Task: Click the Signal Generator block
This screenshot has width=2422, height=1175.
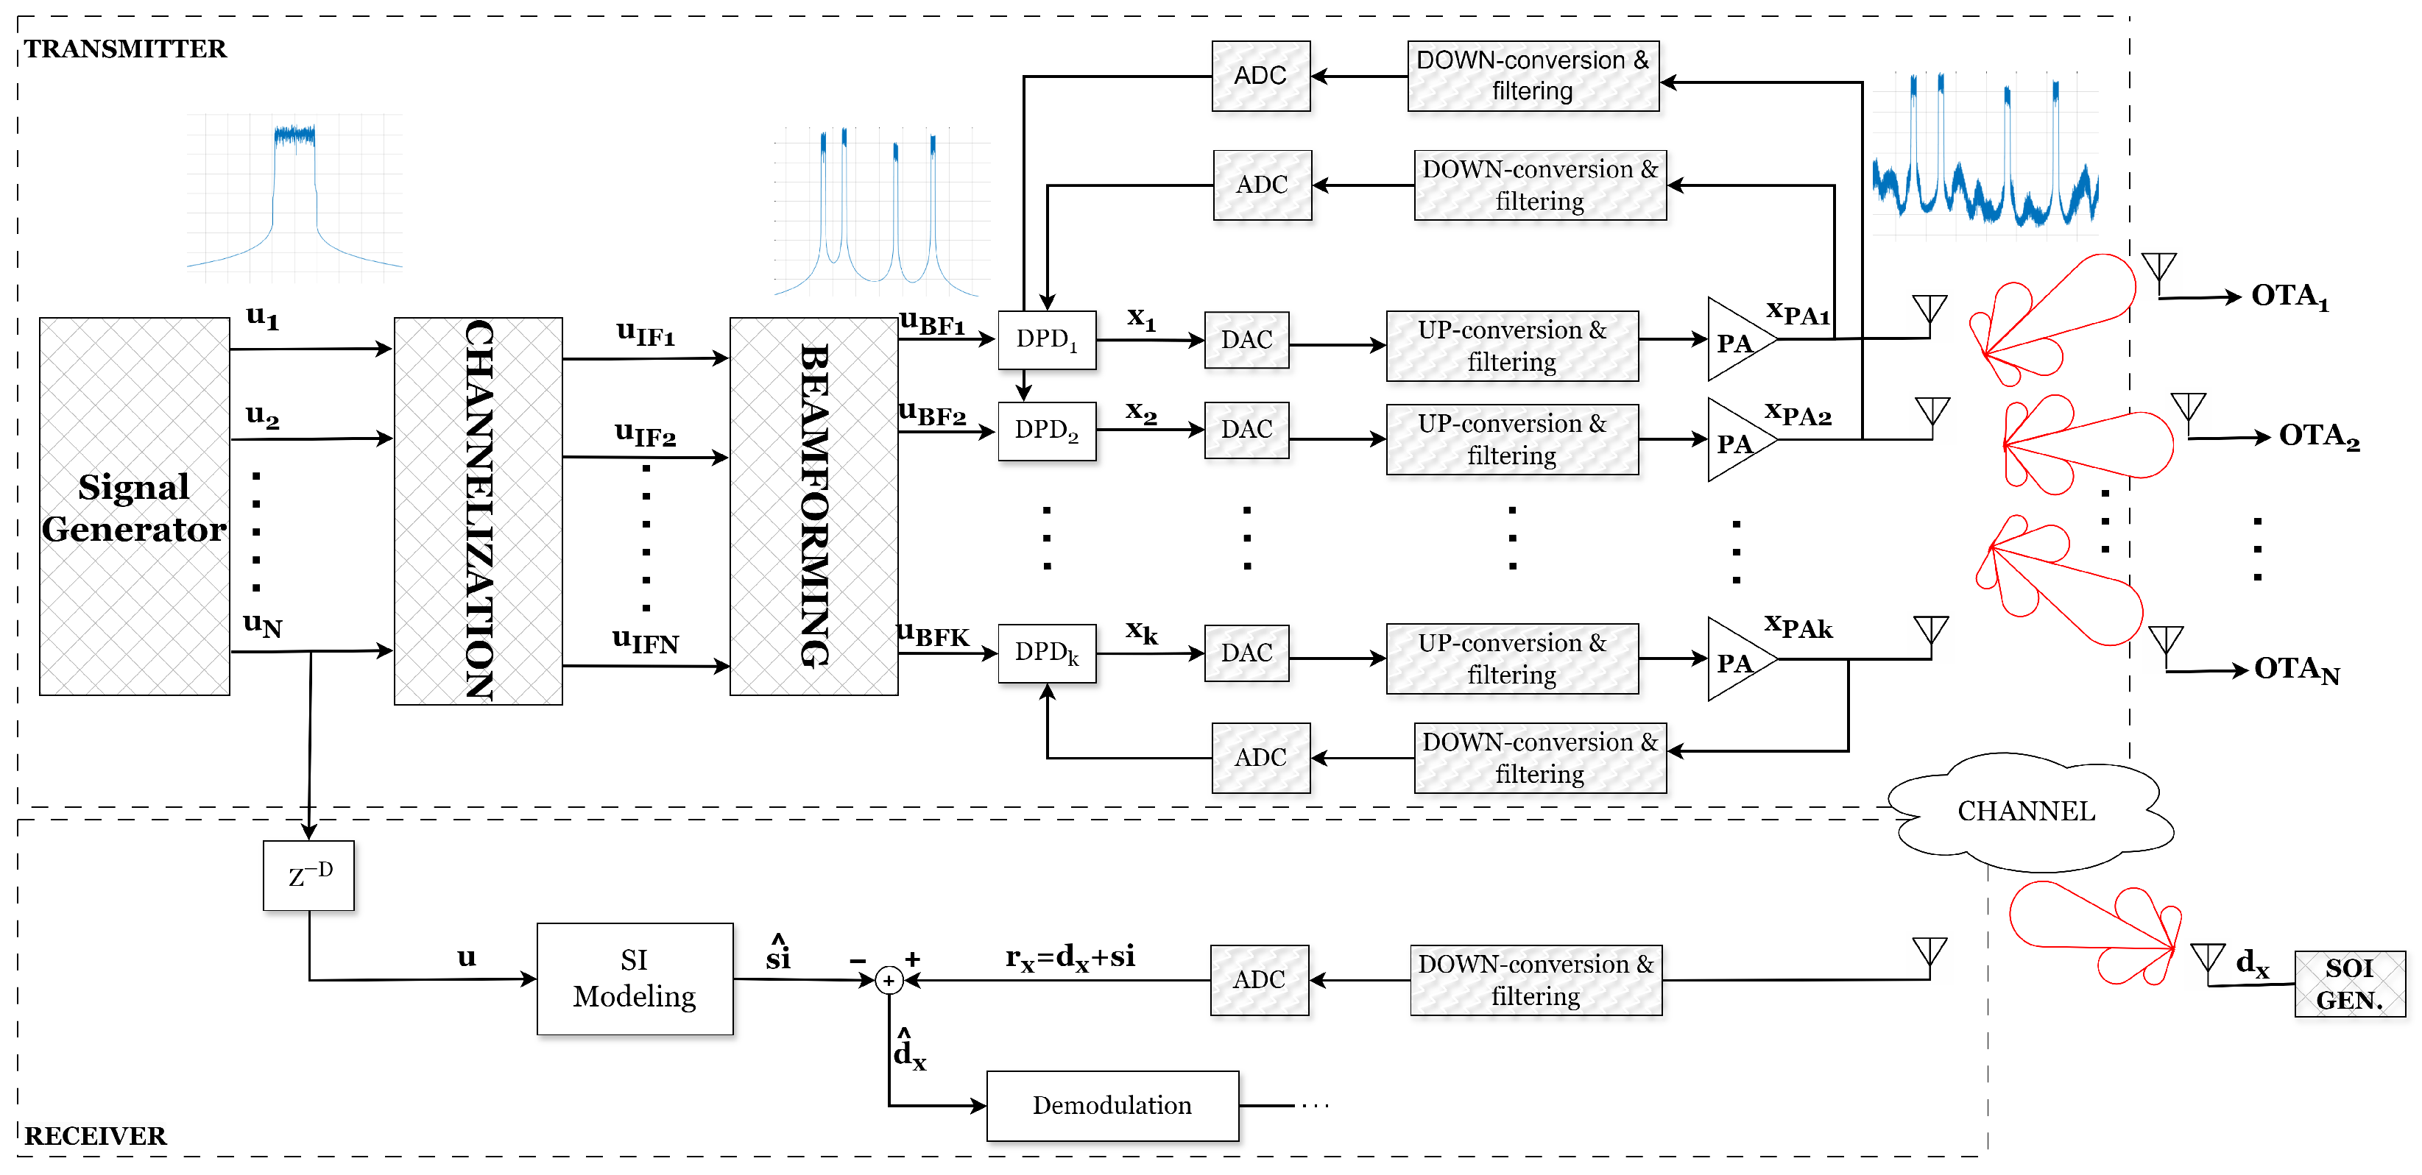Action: [135, 507]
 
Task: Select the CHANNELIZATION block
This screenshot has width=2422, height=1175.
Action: [478, 511]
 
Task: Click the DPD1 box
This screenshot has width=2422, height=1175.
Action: [1046, 339]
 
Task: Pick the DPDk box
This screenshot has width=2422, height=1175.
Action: [1046, 653]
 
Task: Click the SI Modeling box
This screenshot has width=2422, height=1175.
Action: [635, 979]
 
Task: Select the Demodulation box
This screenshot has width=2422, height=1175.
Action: [1112, 1105]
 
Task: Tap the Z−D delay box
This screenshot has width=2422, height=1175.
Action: [308, 875]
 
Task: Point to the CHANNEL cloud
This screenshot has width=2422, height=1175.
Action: [2026, 812]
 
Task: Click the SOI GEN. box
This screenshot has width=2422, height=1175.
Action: [2348, 983]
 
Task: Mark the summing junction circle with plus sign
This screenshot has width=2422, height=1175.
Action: [889, 981]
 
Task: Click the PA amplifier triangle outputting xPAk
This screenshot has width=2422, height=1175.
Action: [1736, 660]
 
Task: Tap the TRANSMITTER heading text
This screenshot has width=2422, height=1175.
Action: [125, 49]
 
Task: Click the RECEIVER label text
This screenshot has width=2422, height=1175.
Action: [95, 1135]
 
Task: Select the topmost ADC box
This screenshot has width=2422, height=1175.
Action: [1260, 76]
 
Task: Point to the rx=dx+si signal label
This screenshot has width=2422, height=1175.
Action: [1070, 957]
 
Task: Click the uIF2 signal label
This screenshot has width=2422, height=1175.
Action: [645, 434]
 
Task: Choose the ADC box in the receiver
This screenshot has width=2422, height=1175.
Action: [1259, 979]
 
